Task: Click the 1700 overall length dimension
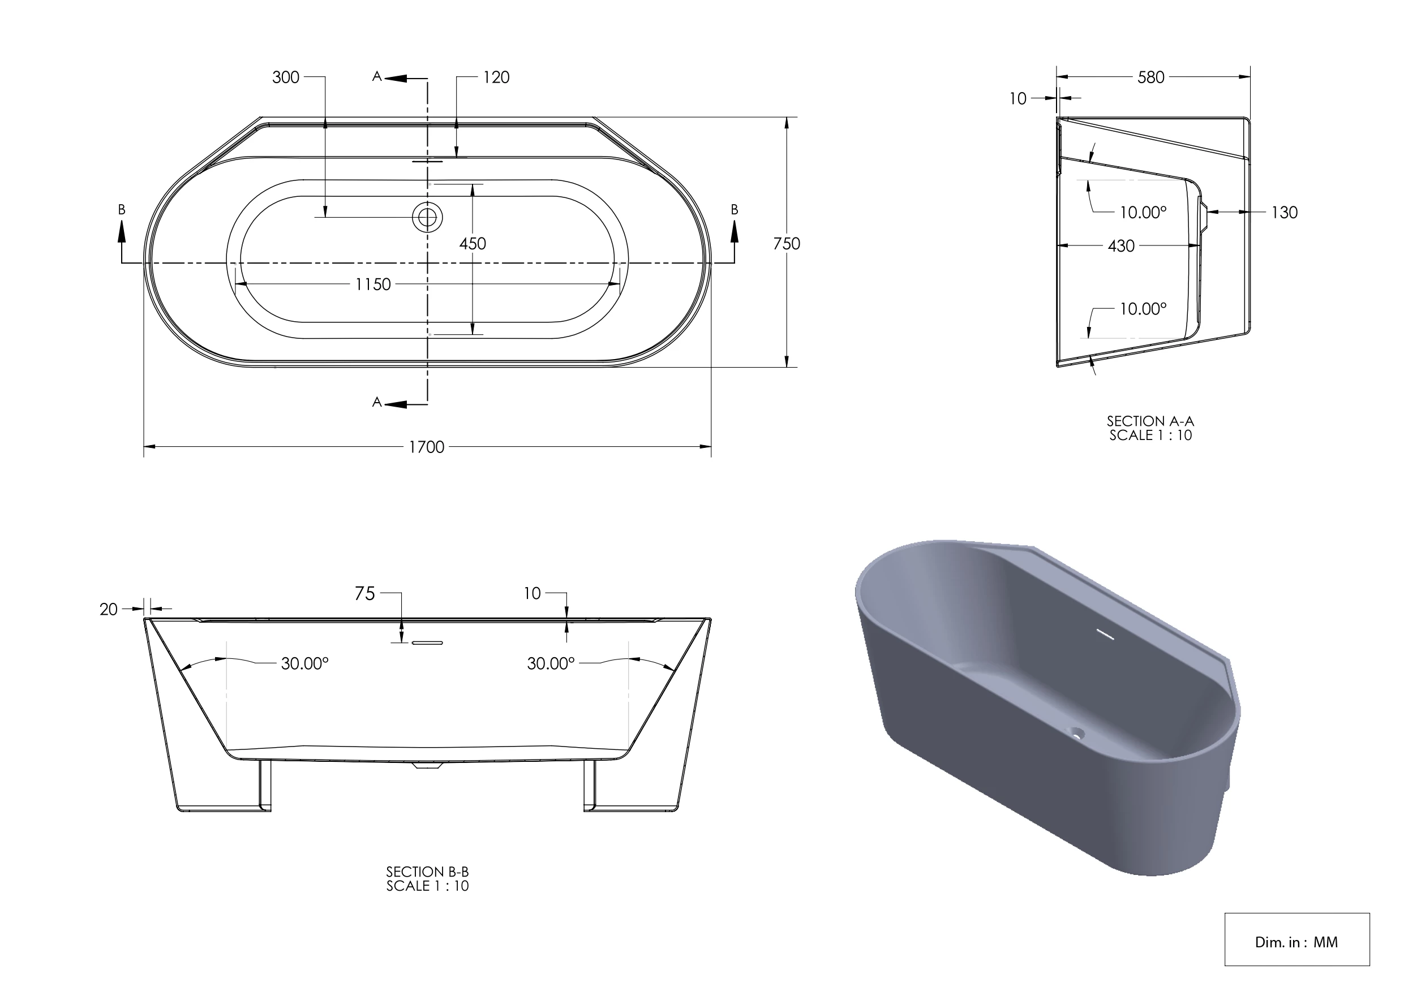coord(426,447)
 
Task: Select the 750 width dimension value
coord(787,244)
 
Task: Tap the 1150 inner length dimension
coord(373,285)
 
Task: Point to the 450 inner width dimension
coord(473,244)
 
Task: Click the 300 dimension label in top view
coord(286,77)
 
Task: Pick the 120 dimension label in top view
coord(496,77)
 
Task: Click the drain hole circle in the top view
coord(427,217)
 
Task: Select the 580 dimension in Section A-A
coord(1150,77)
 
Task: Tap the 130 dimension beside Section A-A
coord(1284,213)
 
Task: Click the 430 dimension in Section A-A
coord(1121,247)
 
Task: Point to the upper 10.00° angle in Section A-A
coord(1143,213)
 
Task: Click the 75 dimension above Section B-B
coord(365,593)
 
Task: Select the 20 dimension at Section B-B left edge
coord(109,609)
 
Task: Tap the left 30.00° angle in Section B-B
coord(304,663)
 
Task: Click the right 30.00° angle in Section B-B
coord(551,663)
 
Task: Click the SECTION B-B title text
coord(427,872)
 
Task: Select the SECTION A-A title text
coord(1150,421)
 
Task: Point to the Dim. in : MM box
coord(1296,942)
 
